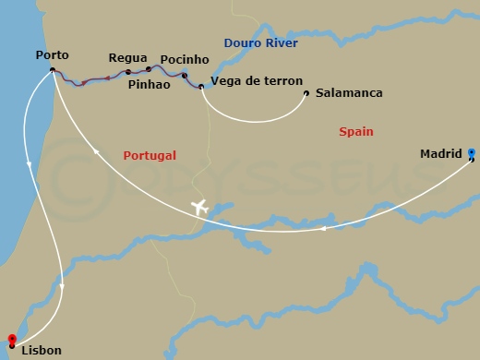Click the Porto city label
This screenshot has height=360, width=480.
(x=51, y=55)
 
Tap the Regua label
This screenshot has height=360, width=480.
(x=127, y=57)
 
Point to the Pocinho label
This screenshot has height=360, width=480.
(x=185, y=60)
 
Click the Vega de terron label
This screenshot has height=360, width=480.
(x=251, y=80)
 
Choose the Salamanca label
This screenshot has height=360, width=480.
(x=349, y=93)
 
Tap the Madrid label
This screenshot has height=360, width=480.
(x=440, y=154)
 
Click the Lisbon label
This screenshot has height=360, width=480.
(x=42, y=351)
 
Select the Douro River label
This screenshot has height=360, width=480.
(x=256, y=42)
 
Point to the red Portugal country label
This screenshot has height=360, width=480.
(x=149, y=156)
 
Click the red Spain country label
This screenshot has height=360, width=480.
(x=355, y=132)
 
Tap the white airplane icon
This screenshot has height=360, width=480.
(x=199, y=207)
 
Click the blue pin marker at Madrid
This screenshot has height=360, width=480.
(x=472, y=153)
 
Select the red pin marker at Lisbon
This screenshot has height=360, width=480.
(x=11, y=340)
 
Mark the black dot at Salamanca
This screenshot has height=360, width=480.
(x=306, y=92)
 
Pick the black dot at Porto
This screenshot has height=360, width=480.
(x=53, y=70)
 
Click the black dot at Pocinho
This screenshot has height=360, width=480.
(x=185, y=76)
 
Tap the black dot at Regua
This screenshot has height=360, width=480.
(x=127, y=72)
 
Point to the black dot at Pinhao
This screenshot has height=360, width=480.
(x=149, y=69)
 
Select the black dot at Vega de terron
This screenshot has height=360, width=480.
(x=201, y=87)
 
